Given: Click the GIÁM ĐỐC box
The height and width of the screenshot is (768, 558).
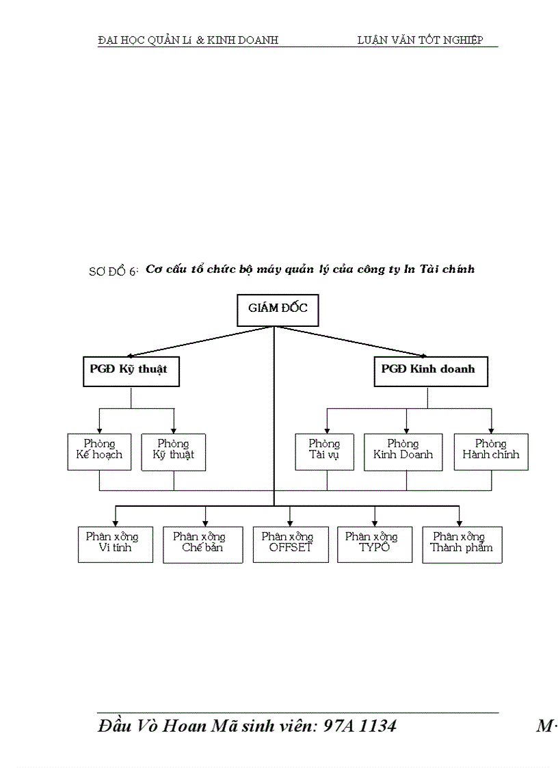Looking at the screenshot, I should (x=278, y=309).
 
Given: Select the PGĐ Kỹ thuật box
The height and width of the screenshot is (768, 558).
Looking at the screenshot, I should (x=131, y=371).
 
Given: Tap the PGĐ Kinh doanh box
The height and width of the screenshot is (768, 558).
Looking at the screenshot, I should (x=430, y=371).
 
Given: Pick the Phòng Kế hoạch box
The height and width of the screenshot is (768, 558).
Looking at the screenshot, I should (x=99, y=450).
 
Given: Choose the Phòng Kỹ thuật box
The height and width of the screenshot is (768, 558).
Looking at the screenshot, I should (x=174, y=451).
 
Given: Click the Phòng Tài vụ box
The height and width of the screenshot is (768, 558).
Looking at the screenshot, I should (x=324, y=451).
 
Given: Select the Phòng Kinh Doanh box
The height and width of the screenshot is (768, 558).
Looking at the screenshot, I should (x=403, y=451).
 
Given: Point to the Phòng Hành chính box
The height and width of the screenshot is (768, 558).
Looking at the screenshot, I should (x=491, y=451).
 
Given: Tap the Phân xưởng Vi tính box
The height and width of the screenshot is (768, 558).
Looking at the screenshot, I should (x=116, y=544).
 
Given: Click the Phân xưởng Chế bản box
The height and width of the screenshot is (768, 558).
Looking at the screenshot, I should (x=202, y=544).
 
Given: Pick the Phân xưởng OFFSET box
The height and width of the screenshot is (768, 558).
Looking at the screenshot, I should (x=287, y=544).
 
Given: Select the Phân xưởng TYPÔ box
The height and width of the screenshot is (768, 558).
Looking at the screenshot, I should (x=374, y=544).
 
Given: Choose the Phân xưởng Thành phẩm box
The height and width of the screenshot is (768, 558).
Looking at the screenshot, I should (x=462, y=544).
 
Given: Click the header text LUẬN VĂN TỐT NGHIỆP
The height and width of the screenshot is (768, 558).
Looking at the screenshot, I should (x=420, y=40).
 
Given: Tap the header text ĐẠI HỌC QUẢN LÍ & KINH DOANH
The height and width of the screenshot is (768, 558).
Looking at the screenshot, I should (x=188, y=40).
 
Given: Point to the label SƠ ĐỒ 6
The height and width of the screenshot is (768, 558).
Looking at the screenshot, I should (x=114, y=272).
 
